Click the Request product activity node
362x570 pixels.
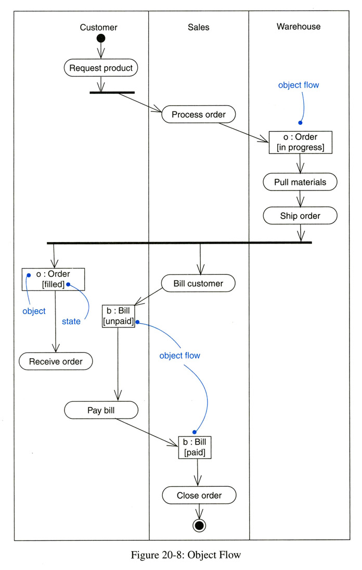click(x=101, y=68)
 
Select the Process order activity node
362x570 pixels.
click(x=198, y=115)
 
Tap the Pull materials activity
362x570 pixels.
click(x=300, y=182)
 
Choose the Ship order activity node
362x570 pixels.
click(x=300, y=216)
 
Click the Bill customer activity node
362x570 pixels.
click(x=198, y=284)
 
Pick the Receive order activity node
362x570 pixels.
click(x=56, y=361)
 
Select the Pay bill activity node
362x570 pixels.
click(x=101, y=410)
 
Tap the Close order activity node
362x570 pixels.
click(x=199, y=495)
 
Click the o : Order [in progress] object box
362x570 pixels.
click(x=300, y=142)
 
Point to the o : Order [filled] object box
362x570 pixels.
click(x=53, y=279)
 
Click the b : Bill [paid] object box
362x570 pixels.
click(x=195, y=448)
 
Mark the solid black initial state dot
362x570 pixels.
click(x=101, y=38)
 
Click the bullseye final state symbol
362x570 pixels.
click(x=199, y=525)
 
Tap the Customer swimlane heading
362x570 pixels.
click(x=98, y=27)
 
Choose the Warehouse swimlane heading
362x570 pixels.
click(x=299, y=27)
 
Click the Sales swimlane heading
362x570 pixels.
click(x=198, y=27)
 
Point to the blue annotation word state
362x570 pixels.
click(x=71, y=322)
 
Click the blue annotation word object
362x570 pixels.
click(x=34, y=311)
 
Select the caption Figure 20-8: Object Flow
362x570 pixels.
click(x=186, y=555)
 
